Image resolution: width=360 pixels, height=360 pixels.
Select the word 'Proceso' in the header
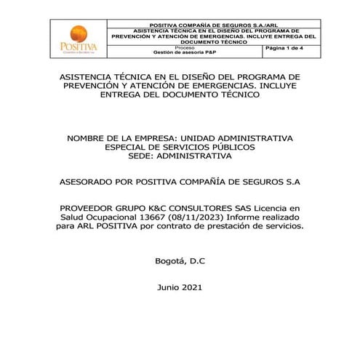point(184,47)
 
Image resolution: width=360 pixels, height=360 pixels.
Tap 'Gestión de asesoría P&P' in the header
point(184,53)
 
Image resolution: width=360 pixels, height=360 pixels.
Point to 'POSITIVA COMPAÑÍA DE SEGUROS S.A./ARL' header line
point(217,24)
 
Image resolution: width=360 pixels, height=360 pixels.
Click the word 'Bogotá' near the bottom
point(170,260)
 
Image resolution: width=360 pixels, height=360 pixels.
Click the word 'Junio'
point(169,287)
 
